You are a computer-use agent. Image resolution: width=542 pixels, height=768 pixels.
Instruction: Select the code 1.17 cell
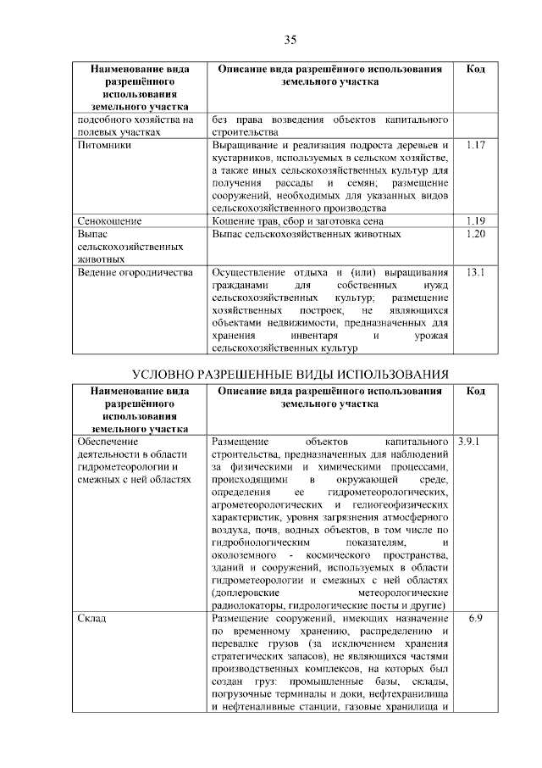pos(475,146)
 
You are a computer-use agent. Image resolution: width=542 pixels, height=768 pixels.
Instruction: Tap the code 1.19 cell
pos(475,221)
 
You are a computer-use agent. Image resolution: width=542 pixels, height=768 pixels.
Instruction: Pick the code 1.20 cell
pos(475,234)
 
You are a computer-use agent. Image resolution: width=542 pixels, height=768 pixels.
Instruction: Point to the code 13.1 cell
pos(475,272)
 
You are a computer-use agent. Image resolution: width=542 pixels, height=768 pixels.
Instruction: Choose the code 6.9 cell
pos(475,620)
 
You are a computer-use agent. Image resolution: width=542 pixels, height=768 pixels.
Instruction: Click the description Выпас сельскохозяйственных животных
pos(307,234)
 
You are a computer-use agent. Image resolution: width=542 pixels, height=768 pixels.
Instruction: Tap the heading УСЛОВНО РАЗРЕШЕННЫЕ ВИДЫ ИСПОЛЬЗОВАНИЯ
pos(290,376)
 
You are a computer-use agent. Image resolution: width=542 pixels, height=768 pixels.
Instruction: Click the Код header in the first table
pos(475,69)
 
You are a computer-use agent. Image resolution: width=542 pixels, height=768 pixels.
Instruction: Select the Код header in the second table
pos(475,392)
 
